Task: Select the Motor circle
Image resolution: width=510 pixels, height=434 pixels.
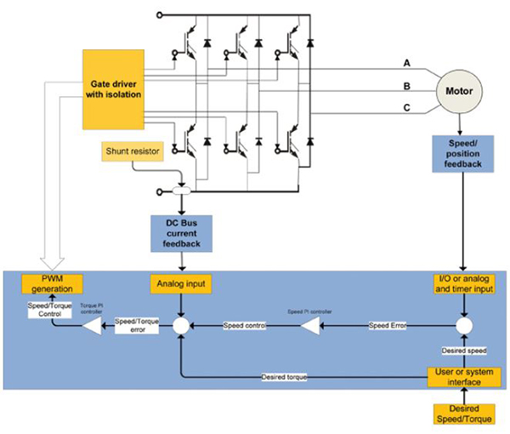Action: pos(460,89)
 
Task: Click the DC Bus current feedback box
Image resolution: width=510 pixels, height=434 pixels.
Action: pos(182,234)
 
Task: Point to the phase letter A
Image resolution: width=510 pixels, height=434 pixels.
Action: pos(407,64)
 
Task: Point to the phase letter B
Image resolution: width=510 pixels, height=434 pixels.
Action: pos(407,86)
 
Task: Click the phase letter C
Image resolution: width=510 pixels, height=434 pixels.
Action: pos(407,108)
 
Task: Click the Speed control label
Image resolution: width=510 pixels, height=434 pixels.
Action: pos(245,325)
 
